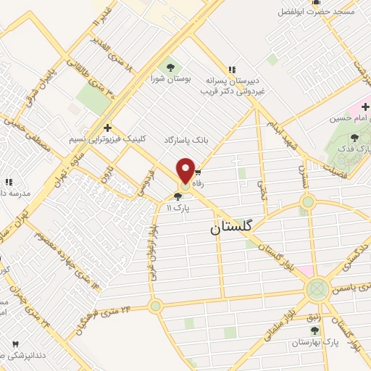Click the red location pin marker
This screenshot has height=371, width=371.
[x=185, y=170]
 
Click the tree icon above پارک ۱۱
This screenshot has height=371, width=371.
[x=178, y=196]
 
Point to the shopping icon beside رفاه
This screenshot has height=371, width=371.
[x=197, y=173]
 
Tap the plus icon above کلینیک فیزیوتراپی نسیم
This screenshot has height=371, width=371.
[x=108, y=127]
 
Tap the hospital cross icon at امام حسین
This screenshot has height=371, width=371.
[x=365, y=107]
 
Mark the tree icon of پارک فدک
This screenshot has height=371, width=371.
[x=354, y=137]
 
